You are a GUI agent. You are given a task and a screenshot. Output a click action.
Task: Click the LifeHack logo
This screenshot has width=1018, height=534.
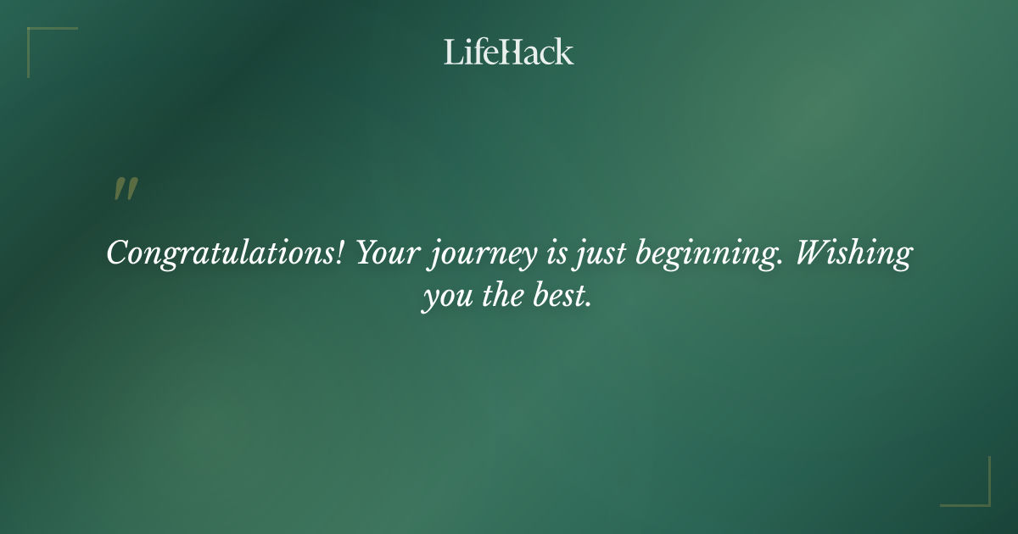509,52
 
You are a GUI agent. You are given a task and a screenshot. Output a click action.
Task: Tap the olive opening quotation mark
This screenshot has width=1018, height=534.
125,190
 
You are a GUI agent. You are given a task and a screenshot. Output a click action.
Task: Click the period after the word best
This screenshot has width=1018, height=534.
587,304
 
